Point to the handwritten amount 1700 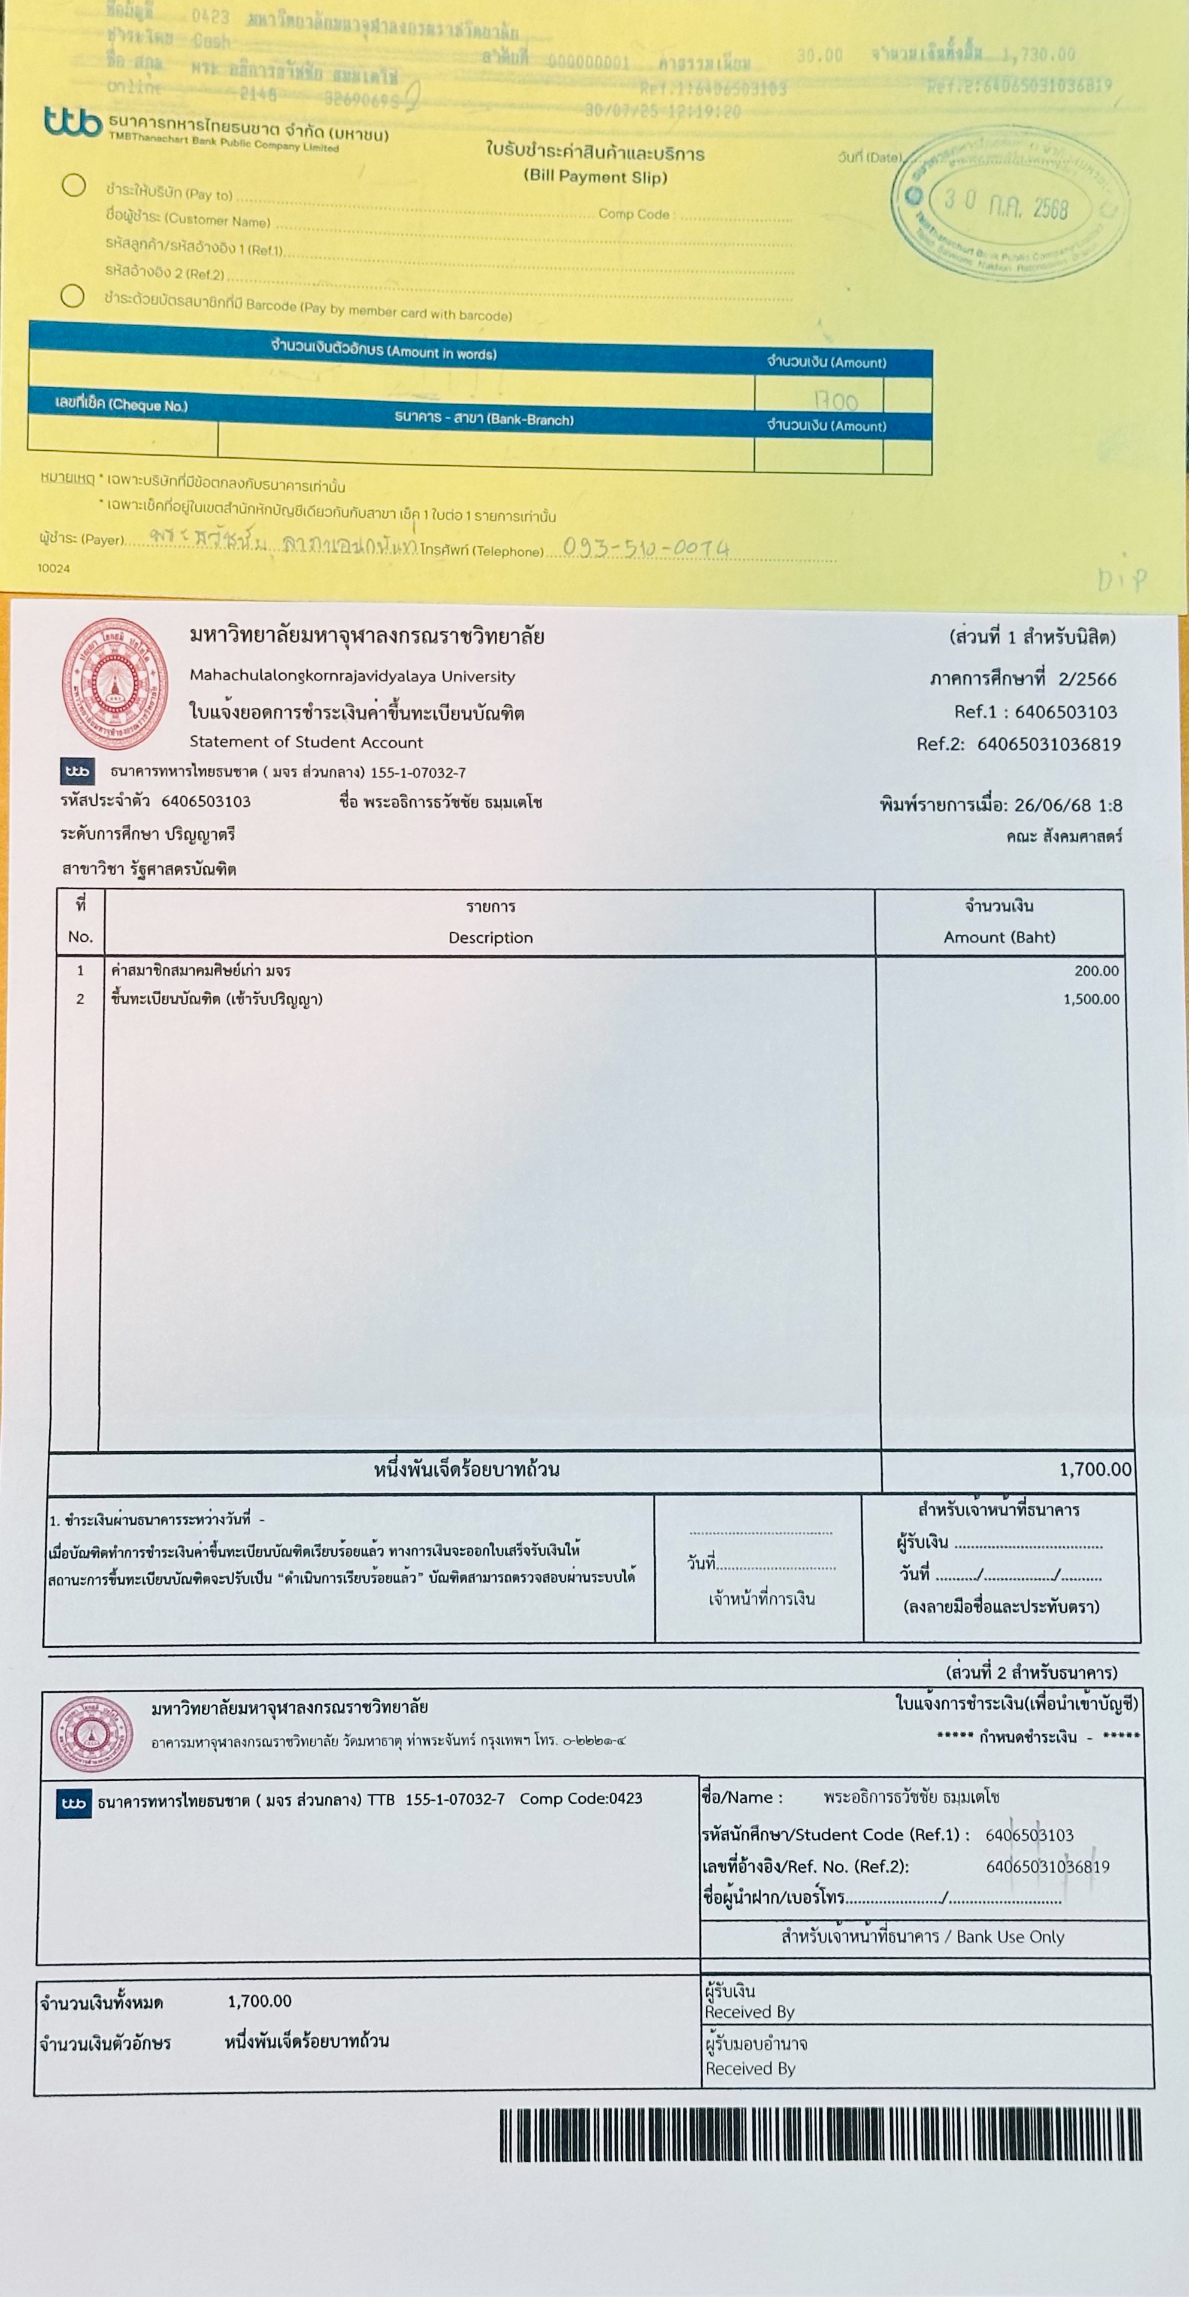[835, 400]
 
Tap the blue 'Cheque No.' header [121, 405]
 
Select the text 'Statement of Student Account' [305, 742]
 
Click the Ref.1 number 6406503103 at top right [1065, 712]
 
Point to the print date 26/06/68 [1052, 805]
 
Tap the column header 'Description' [490, 937]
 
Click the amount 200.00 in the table [1096, 971]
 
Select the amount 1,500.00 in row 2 [1090, 1000]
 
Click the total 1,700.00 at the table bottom [1094, 1469]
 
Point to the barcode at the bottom [820, 2135]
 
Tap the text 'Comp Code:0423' [580, 1798]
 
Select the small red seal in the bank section [91, 1734]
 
